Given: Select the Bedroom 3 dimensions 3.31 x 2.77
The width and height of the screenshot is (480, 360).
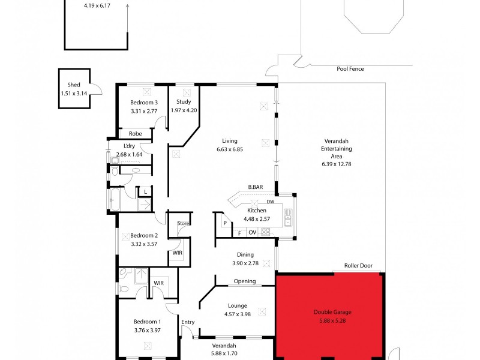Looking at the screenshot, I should (143, 111).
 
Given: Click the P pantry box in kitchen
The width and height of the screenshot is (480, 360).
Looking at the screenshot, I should (224, 223).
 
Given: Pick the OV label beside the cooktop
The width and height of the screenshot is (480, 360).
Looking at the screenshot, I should (252, 232).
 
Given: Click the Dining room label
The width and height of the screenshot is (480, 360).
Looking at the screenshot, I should (245, 254).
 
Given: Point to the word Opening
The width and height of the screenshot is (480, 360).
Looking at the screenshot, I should (244, 281).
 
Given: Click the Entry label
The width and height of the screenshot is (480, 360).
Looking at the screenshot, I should (188, 322).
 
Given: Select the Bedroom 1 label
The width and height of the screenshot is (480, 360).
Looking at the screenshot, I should (143, 321).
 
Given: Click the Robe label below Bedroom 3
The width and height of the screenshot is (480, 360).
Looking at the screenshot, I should (134, 134).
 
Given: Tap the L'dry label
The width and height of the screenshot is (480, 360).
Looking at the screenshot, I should (129, 146).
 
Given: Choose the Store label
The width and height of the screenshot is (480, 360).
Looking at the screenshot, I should (183, 223).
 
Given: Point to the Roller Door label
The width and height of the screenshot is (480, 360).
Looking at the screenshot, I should (359, 266).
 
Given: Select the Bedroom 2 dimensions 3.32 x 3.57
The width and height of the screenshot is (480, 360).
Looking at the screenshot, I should (143, 244).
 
